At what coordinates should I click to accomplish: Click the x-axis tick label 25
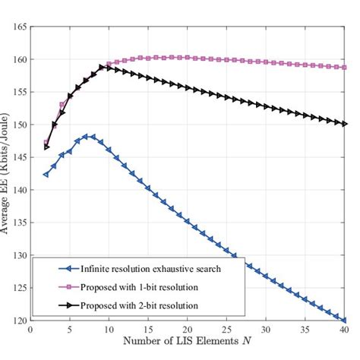click(226, 330)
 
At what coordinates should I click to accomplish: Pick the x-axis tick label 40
click(344, 330)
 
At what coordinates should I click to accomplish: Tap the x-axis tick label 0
click(30, 330)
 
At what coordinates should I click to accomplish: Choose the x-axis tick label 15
click(148, 330)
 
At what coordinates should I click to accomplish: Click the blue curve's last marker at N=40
click(344, 321)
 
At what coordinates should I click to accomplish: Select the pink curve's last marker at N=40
click(344, 68)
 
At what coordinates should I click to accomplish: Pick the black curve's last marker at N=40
click(344, 124)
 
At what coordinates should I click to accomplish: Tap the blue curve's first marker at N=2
click(46, 175)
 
